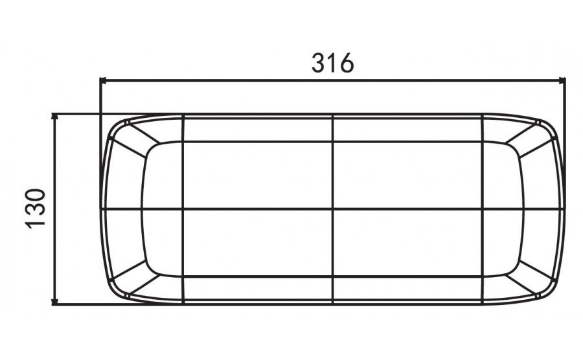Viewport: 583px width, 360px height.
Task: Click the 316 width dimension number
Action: [x=332, y=62]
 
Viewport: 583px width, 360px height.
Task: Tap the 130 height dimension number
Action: [x=36, y=208]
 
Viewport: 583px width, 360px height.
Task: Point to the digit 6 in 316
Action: [x=347, y=62]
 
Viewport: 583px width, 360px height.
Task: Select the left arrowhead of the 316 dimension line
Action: [x=104, y=80]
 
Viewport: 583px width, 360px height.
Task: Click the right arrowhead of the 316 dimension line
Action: [x=562, y=80]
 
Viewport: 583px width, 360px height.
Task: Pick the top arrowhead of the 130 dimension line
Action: [x=55, y=117]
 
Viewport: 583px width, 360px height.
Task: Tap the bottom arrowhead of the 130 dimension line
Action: [x=55, y=300]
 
